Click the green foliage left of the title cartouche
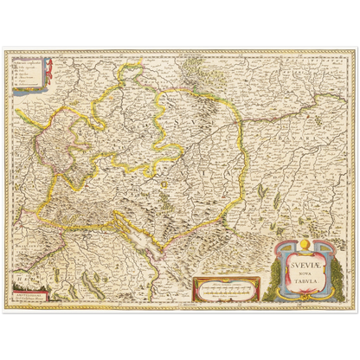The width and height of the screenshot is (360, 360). [x=274, y=273]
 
